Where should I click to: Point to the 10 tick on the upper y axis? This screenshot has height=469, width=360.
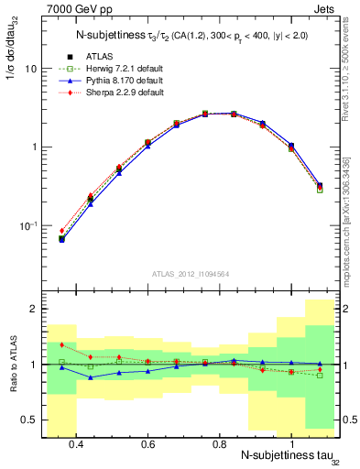point(31,69)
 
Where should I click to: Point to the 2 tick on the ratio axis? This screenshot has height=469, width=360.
point(34,309)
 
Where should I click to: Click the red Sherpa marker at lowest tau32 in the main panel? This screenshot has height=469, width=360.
point(61,231)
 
